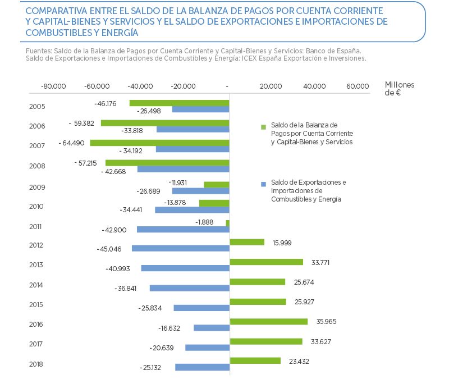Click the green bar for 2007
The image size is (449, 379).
159,143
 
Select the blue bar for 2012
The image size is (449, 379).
180,248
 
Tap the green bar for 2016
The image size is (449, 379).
269,322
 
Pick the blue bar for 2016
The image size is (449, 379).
212,328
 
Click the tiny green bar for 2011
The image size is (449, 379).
227,223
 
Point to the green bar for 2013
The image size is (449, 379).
267,262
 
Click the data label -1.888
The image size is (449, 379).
205,222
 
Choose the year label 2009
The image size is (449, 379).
37,188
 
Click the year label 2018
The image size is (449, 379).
37,364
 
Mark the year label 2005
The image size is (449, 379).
37,107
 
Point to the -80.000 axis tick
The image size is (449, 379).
54,86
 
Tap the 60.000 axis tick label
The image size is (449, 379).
358,86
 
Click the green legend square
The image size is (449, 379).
263,127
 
